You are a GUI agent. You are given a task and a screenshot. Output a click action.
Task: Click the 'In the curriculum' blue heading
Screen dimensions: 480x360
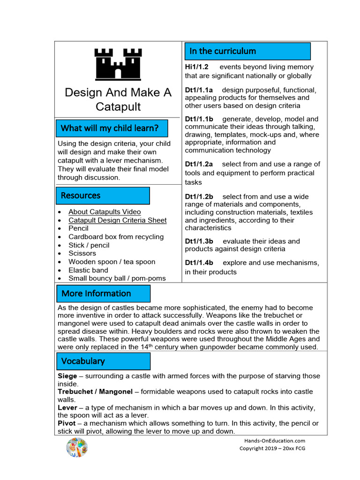(247, 51)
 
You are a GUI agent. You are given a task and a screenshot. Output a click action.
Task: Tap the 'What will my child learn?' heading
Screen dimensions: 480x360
(110, 128)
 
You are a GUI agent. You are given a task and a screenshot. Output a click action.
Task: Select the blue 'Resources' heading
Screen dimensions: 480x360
(103, 195)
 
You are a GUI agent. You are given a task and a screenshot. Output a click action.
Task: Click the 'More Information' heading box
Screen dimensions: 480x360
(103, 293)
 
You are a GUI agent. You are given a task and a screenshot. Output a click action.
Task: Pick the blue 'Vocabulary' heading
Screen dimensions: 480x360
(103, 361)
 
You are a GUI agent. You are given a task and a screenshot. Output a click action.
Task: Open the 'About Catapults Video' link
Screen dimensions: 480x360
(105, 212)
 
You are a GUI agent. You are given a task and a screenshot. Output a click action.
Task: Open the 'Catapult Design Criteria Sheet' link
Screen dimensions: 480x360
(117, 220)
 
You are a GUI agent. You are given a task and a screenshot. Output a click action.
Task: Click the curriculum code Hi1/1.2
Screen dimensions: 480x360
(196, 67)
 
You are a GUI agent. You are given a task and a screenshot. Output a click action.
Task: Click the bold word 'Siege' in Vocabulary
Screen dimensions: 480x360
(67, 376)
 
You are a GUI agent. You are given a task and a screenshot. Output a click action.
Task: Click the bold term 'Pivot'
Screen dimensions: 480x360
(67, 423)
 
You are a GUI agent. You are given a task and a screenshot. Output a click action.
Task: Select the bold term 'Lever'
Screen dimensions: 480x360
(67, 407)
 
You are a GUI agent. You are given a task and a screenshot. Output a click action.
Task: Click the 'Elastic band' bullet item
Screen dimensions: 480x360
(88, 270)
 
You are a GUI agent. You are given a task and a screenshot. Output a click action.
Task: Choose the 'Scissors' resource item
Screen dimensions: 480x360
(82, 253)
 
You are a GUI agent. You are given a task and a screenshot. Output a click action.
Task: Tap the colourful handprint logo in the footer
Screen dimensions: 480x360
(77, 447)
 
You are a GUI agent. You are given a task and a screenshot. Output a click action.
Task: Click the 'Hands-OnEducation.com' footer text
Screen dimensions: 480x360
(274, 441)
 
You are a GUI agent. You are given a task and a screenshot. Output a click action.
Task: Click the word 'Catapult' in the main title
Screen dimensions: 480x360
(118, 106)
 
